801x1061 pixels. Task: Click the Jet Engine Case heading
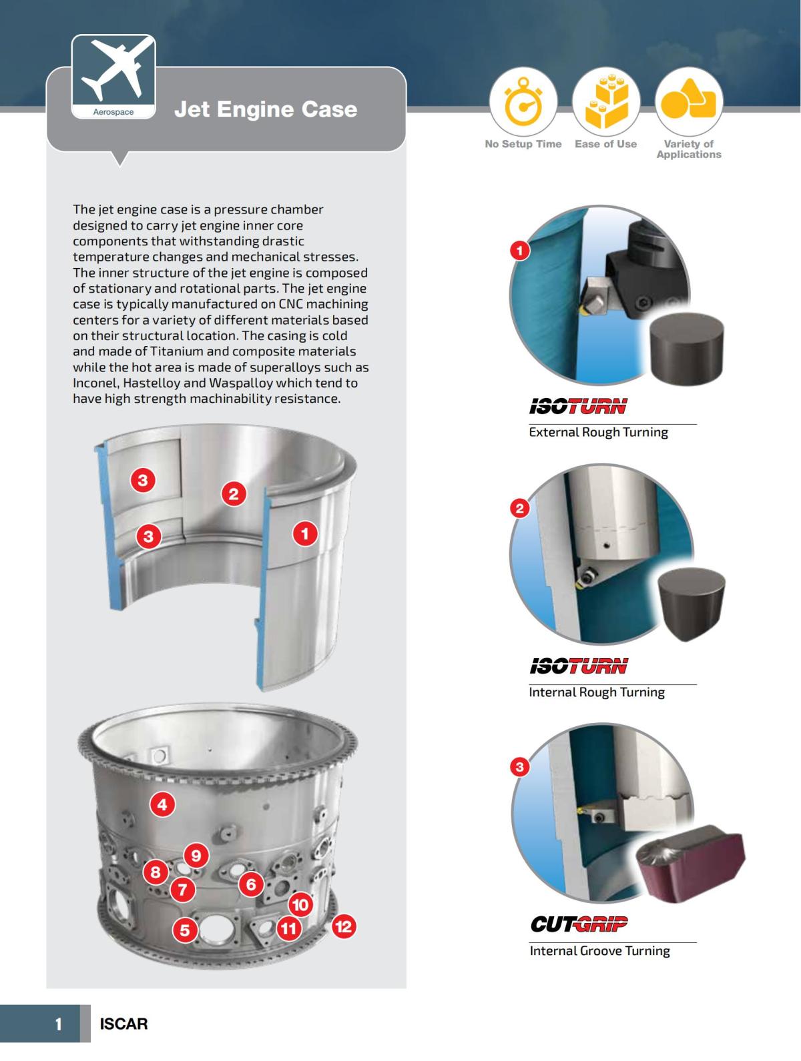pos(266,109)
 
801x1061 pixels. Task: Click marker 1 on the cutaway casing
pos(305,534)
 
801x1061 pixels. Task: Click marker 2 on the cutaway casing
pos(233,493)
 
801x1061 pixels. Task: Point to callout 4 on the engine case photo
pos(162,804)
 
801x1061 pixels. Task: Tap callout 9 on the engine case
pos(196,855)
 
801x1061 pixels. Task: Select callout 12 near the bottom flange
pos(343,926)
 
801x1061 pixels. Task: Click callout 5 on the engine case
pos(185,930)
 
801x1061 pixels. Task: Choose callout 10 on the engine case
pos(300,905)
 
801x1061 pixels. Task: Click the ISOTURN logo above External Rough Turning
pos(578,406)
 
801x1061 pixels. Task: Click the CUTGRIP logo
pos(579,924)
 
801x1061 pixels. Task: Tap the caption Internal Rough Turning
pos(597,692)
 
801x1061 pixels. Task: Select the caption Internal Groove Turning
pos(599,951)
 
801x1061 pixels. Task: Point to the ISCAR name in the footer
pos(123,1024)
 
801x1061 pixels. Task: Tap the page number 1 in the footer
pos(59,1024)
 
